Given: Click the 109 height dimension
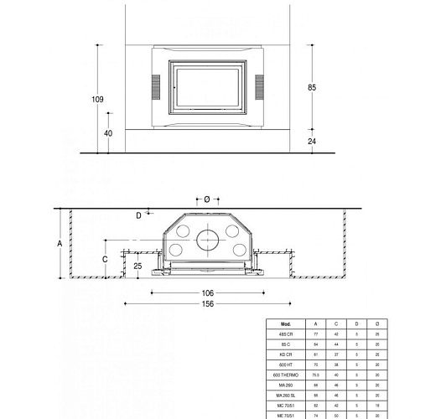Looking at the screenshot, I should pos(97,101).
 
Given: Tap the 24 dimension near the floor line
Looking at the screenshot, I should pos(312,142).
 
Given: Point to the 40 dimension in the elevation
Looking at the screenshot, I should pos(107,134).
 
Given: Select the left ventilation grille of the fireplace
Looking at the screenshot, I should pos(155,88).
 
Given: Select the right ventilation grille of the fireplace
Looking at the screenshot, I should pos(258,88).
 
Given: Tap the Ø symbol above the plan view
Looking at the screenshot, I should pos(207,199).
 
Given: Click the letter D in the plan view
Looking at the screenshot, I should pos(138,215).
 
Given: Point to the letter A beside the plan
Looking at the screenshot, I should pos(59,243).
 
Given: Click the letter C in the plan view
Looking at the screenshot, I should pos(105,260).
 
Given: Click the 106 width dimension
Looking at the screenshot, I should pos(208,292).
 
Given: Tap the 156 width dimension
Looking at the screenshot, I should pos(208,303).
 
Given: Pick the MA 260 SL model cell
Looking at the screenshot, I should pos(283,395).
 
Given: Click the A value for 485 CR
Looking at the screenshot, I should pos(314,334).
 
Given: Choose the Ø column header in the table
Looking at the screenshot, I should pos(377,323).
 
